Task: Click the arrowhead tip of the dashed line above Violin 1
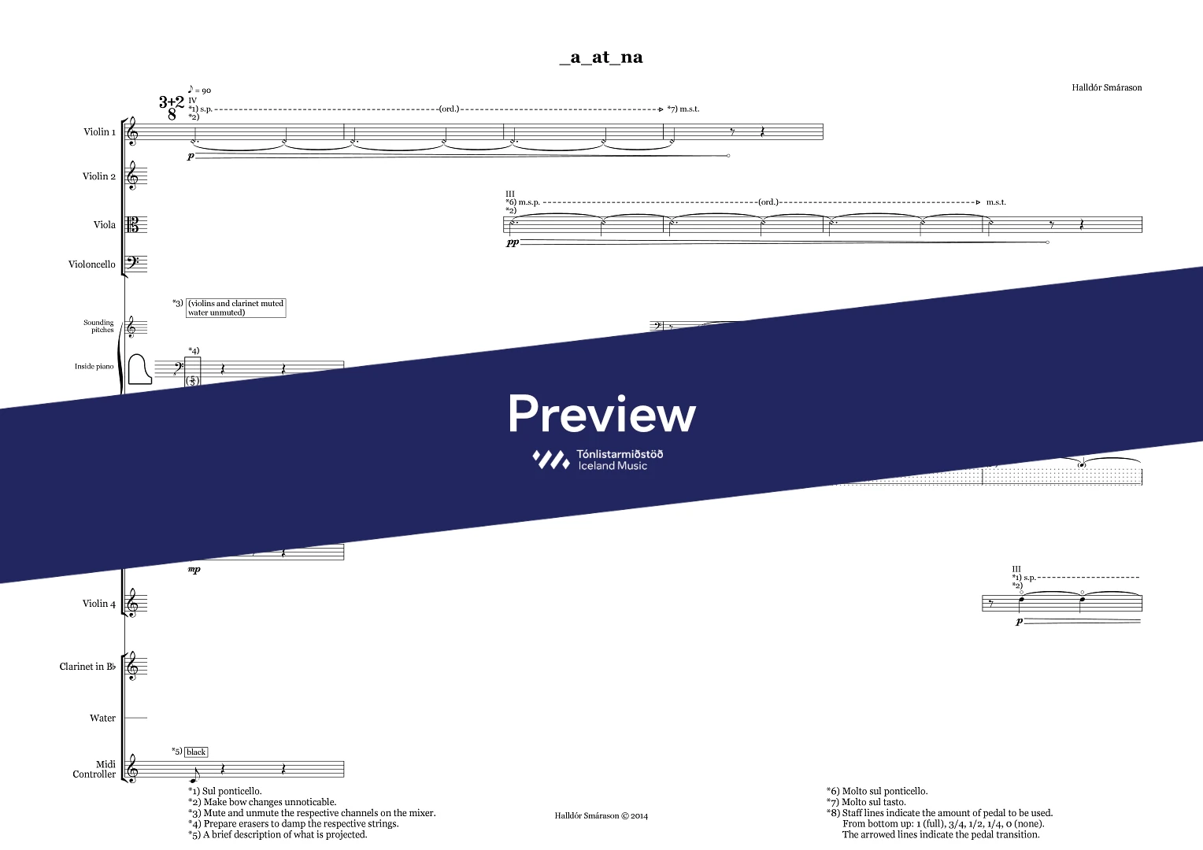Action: (x=664, y=109)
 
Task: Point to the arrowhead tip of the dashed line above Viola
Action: (x=981, y=202)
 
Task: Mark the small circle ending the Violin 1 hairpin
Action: (x=728, y=156)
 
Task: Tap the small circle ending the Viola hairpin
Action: (x=1048, y=242)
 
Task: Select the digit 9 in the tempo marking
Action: (x=204, y=91)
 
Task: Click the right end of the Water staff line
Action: (x=146, y=718)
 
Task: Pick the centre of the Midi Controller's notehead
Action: (x=194, y=779)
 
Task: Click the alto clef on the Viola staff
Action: (x=132, y=225)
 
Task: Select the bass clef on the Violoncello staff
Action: (x=133, y=263)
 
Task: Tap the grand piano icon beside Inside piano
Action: (x=140, y=369)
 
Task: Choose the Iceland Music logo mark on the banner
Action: (x=551, y=460)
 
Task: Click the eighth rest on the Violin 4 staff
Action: (x=991, y=604)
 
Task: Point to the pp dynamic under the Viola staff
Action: (x=513, y=242)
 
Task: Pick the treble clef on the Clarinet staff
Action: (x=132, y=667)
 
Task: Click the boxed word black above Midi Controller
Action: (x=196, y=752)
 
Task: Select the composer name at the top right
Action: (x=1107, y=87)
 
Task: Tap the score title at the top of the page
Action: (x=601, y=57)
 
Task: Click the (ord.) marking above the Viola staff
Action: (x=768, y=202)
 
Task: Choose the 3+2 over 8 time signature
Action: (x=172, y=108)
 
